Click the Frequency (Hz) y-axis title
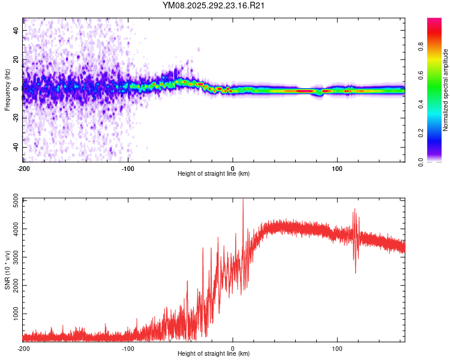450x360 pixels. [x=7, y=89]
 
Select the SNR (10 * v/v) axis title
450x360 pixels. [x=7, y=269]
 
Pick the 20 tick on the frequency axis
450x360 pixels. [x=16, y=59]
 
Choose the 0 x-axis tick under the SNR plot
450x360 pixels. [x=233, y=348]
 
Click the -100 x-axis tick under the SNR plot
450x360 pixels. [x=128, y=348]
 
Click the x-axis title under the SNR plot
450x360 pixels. [x=214, y=355]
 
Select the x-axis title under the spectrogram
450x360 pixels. [x=214, y=174]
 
